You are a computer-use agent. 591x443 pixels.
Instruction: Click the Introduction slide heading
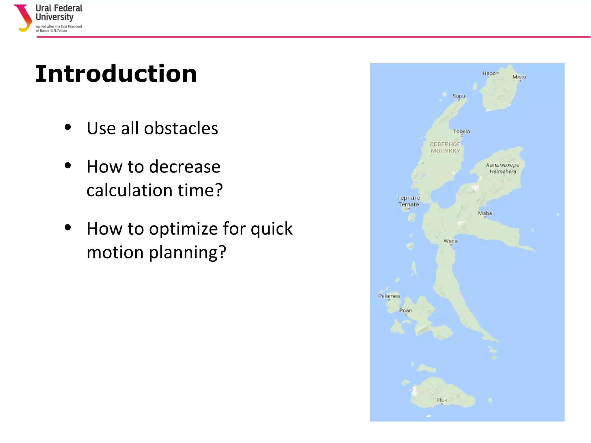click(x=116, y=74)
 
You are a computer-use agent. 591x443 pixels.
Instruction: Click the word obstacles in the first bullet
click(x=181, y=128)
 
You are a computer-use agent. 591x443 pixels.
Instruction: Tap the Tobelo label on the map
click(x=461, y=132)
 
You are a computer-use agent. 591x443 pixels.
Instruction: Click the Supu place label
click(x=459, y=96)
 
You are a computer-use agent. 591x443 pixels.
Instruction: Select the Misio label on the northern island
click(x=519, y=77)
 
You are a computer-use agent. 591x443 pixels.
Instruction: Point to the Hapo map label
click(x=489, y=74)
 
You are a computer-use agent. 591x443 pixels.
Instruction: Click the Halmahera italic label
click(x=502, y=172)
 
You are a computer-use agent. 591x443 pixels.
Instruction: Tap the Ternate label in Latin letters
click(x=408, y=204)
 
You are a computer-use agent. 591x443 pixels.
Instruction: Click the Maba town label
click(x=485, y=213)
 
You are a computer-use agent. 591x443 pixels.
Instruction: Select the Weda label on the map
click(x=450, y=241)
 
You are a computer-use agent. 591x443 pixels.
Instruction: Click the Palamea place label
click(x=389, y=296)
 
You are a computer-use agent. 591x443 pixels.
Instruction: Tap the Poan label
click(x=405, y=311)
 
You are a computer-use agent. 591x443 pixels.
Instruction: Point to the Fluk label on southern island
click(x=442, y=400)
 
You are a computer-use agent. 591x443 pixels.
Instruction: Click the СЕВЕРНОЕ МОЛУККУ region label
click(x=445, y=148)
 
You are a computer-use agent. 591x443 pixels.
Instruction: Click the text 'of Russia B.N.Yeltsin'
click(x=51, y=31)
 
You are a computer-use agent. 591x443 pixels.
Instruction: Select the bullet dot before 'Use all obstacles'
click(x=68, y=127)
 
